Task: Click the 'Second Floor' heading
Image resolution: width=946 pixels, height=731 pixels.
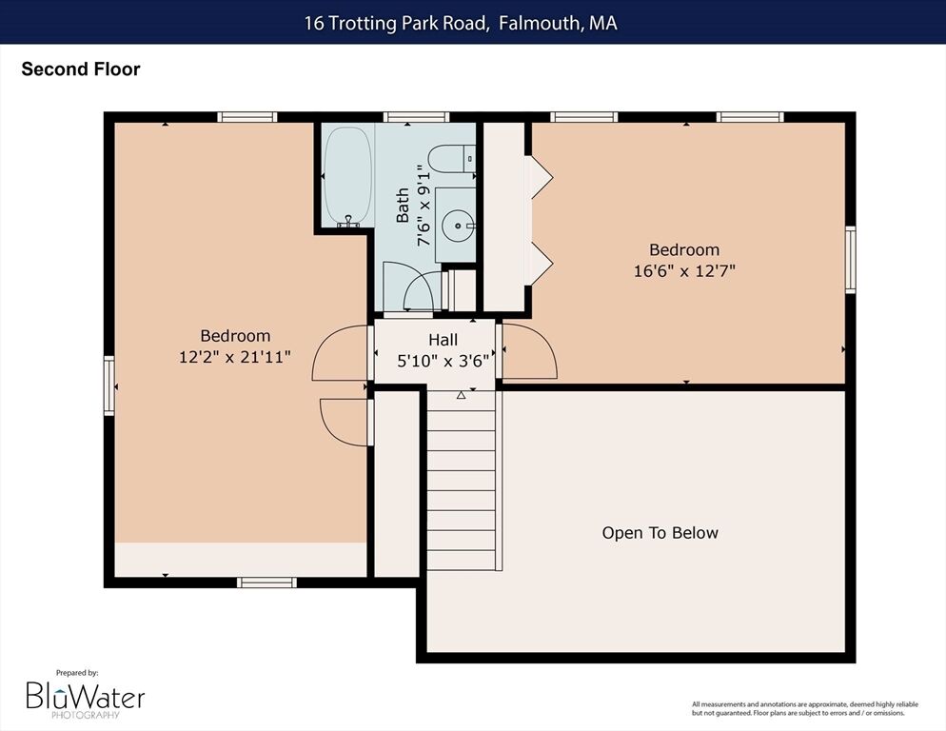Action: coord(81,69)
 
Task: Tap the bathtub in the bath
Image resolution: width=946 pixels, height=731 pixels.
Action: coord(347,176)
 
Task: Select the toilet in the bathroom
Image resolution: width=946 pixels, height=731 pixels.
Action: coord(452,158)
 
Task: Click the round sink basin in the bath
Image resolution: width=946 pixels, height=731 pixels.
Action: coord(458,226)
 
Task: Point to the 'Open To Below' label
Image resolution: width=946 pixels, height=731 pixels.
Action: coord(660,533)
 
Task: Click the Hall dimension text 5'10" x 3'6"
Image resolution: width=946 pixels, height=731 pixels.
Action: coord(443,361)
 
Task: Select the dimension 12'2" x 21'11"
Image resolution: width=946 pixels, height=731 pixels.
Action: coord(235,357)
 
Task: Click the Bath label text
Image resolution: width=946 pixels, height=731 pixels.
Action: coord(403,206)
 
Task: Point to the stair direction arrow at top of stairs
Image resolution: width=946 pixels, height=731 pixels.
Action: coord(461,395)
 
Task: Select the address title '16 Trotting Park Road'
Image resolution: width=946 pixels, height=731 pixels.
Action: coord(396,23)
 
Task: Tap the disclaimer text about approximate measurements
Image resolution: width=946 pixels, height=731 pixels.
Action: coord(805,709)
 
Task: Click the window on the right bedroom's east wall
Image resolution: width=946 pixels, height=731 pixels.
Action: coord(850,260)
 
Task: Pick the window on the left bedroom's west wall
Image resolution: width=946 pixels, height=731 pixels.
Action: coord(109,385)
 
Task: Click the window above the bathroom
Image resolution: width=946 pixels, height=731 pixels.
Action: coord(416,117)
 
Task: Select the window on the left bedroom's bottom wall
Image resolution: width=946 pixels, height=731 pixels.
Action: coord(266,583)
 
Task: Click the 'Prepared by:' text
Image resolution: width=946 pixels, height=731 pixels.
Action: coord(77,672)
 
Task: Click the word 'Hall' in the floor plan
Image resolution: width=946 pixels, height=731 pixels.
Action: coord(443,340)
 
